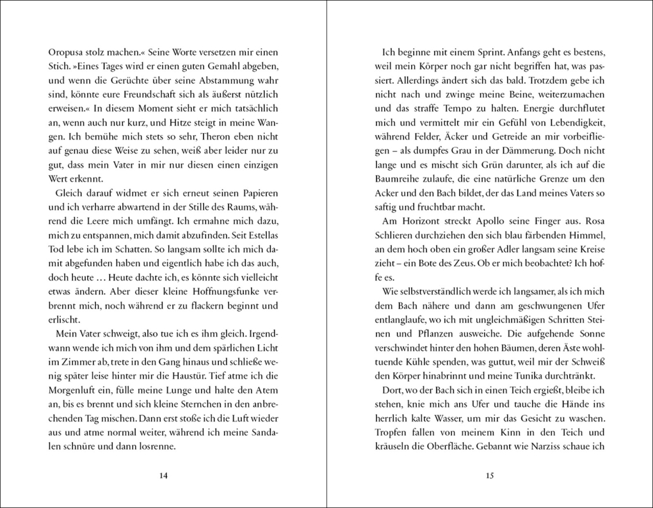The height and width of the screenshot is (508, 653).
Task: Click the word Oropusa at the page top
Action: click(67, 51)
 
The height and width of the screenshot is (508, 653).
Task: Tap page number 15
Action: click(490, 475)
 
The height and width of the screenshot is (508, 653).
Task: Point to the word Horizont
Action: click(424, 221)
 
